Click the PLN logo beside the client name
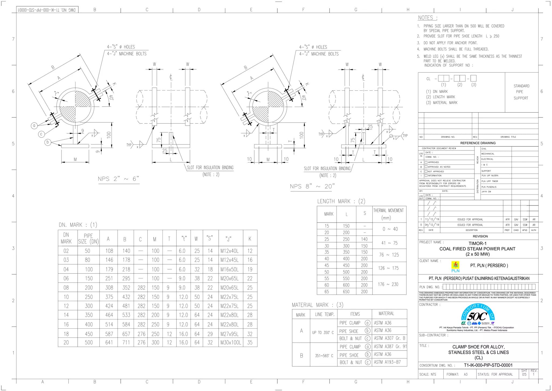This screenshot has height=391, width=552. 455,267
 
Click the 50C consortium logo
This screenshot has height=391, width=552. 478,315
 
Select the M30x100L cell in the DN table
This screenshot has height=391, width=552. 231,342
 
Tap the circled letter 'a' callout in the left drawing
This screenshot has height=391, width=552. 34,126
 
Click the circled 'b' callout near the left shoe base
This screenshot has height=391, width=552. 48,142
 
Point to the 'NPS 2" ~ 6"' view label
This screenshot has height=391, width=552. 118,179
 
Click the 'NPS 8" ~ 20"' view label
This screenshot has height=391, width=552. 312,186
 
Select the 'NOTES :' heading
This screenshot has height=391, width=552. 427,18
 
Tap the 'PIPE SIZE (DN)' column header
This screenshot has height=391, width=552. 88,238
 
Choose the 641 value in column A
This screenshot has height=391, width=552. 109,342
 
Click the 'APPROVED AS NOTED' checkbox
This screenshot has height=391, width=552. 426,167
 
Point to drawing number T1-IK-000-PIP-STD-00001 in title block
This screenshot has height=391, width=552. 488,365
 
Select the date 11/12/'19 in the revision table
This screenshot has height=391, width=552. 432,220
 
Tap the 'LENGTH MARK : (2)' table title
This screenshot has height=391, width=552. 341,201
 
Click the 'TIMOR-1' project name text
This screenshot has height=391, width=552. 477,243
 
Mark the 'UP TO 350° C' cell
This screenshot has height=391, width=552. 323,332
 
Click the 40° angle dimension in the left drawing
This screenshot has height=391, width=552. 111,97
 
